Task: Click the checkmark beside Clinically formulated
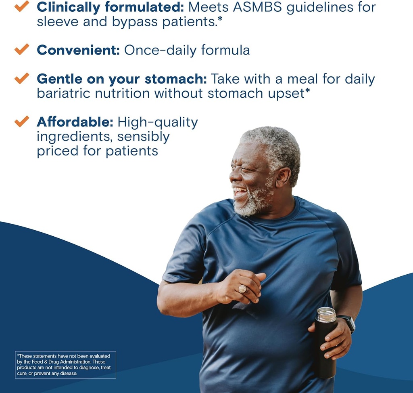(x=22, y=6)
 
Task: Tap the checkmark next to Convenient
(x=22, y=49)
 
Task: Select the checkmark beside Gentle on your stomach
(x=22, y=78)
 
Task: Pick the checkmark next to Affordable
(x=22, y=121)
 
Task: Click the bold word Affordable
(x=75, y=122)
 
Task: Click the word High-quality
(x=158, y=122)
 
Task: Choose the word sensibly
(x=144, y=137)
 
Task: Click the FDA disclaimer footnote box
(x=65, y=365)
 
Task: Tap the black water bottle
(x=325, y=347)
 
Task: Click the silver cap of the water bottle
(x=326, y=315)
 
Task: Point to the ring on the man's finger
(x=243, y=289)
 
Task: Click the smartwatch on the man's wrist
(x=348, y=322)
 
